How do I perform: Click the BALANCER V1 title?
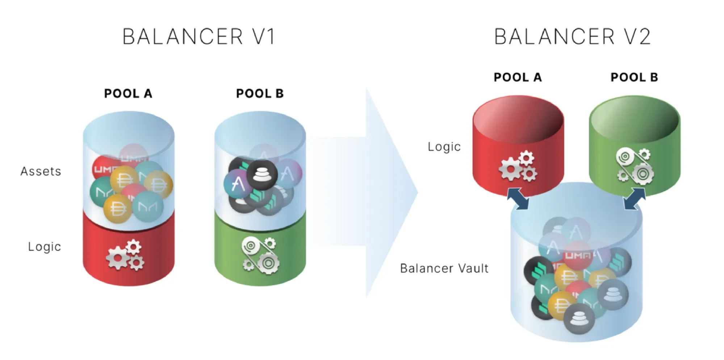coord(199,37)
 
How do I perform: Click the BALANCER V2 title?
coord(572,37)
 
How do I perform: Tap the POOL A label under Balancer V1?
coord(128,93)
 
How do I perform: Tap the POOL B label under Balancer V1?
coord(260,93)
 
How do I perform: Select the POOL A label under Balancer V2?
coord(518,77)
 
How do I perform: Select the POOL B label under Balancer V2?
coord(634,77)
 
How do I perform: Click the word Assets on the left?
coord(41,171)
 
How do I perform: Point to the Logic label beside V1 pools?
coord(44,247)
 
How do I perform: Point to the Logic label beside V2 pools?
coord(444,147)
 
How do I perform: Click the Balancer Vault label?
coord(444,268)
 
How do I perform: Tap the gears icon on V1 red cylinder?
coord(125,255)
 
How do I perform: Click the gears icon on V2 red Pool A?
coord(518,167)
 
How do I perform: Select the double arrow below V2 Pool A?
coord(518,198)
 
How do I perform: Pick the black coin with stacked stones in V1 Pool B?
coord(262,175)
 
